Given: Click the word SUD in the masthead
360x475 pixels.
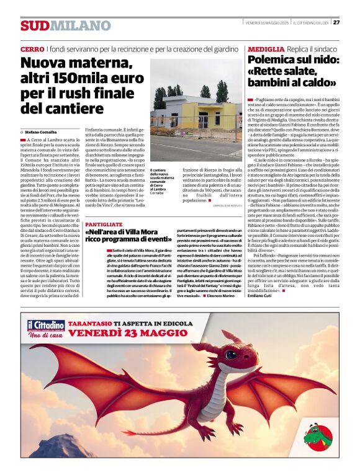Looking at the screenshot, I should [34, 26].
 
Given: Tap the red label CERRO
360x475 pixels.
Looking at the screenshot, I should [32, 49].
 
